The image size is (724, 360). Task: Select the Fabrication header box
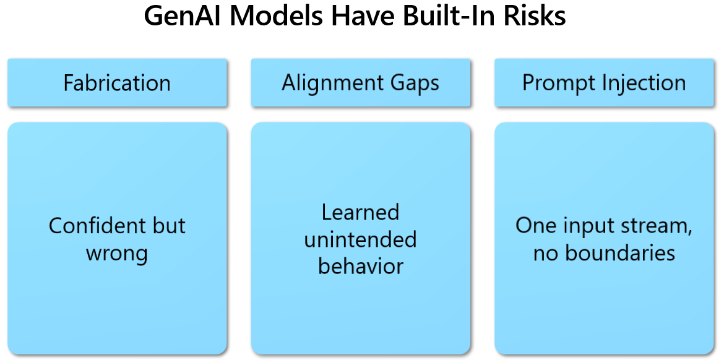pos(117,83)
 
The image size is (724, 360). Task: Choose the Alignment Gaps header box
pos(361,83)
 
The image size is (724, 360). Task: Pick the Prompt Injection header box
pos(604,83)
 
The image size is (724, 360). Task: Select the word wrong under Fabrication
pos(117,254)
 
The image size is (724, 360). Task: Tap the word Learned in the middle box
pos(360,212)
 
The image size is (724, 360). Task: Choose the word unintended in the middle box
pos(360,239)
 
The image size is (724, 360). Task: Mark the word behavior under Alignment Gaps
pos(361,266)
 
